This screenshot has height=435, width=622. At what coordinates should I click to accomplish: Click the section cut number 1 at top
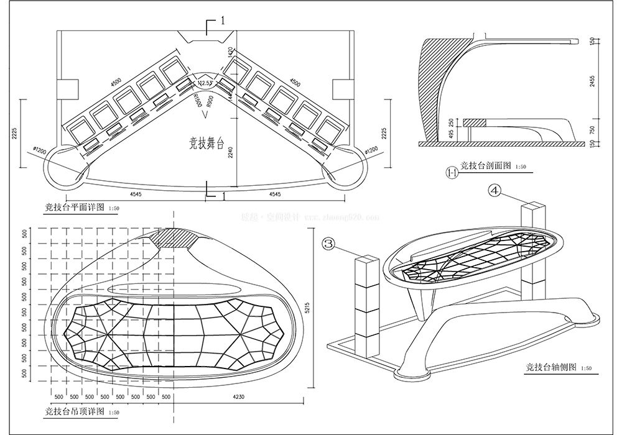(x=222, y=21)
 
